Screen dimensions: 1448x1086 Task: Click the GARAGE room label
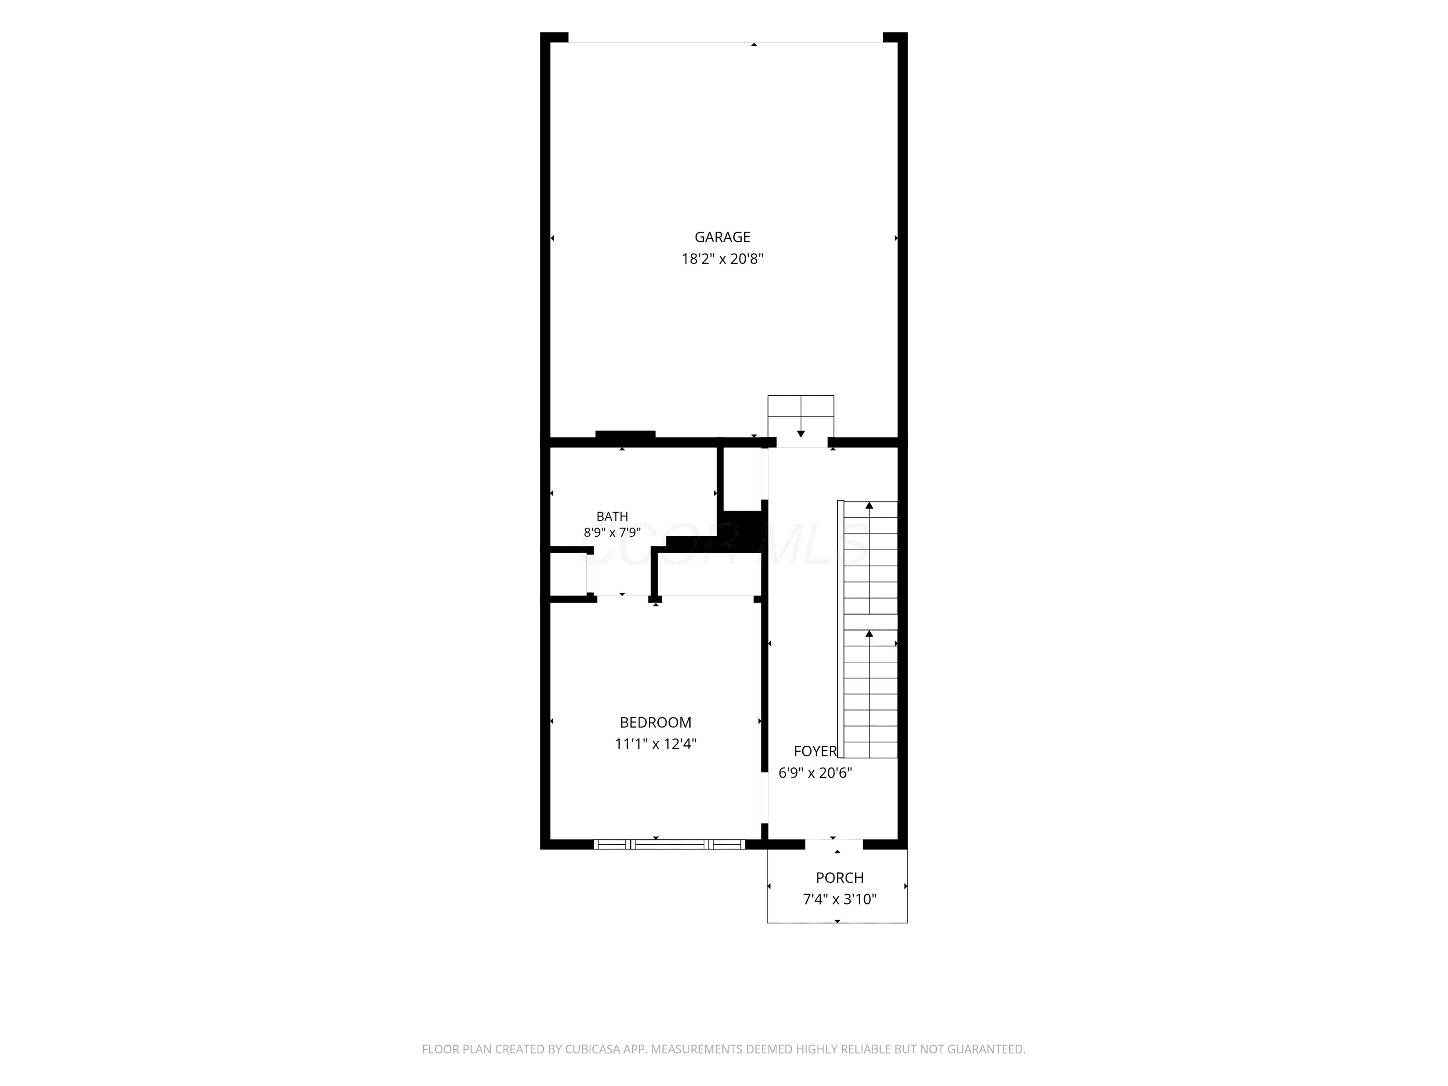pos(722,237)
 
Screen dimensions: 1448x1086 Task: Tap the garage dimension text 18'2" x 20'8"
pos(722,259)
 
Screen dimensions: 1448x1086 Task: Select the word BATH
pos(612,516)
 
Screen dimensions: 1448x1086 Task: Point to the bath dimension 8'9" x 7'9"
pos(612,533)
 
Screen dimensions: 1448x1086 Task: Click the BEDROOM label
pos(655,722)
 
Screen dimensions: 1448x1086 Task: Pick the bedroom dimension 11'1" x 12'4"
pos(655,744)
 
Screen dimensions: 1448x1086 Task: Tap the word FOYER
pos(815,751)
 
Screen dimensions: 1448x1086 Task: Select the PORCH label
pos(839,878)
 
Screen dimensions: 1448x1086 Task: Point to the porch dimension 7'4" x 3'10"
pos(839,899)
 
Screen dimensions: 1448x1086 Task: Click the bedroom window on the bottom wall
pos(669,845)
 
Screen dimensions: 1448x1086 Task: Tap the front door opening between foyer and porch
pos(834,845)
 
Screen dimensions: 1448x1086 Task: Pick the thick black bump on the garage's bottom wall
pos(625,434)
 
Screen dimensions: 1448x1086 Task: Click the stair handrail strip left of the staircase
pos(840,629)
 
